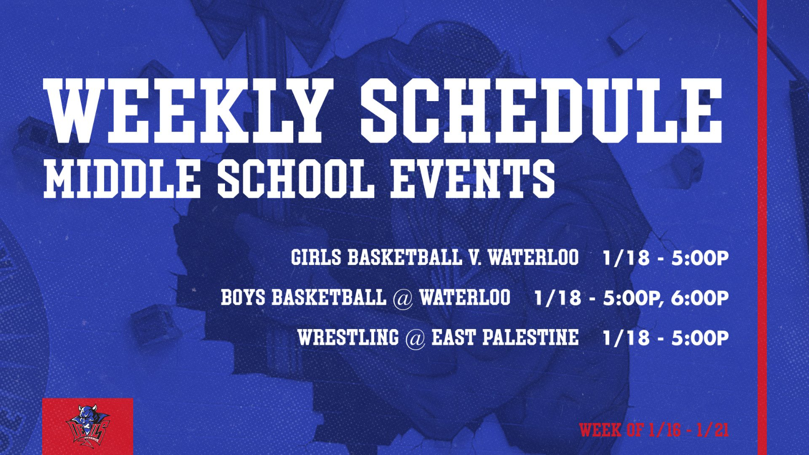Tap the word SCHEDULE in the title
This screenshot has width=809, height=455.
point(542,111)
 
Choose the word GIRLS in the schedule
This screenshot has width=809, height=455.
point(316,257)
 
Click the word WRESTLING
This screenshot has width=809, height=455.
point(348,337)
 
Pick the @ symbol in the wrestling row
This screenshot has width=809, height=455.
point(415,338)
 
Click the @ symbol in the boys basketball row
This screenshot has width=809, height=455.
point(402,299)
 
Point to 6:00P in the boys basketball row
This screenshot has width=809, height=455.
point(700,298)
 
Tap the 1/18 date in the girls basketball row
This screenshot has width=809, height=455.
point(626,258)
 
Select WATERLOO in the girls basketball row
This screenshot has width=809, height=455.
point(533,257)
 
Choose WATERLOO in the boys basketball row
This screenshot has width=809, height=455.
point(465,297)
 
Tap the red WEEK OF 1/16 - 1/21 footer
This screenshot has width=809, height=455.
point(654,430)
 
